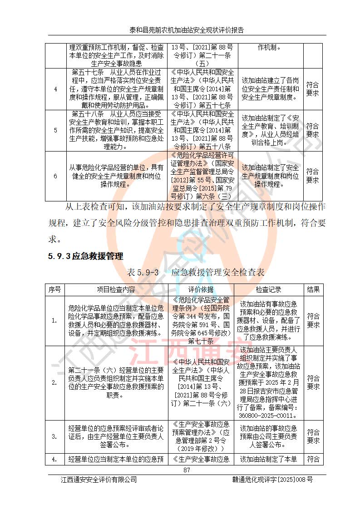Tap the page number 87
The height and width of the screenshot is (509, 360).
point(187,470)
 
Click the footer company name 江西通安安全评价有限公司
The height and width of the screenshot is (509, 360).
point(99,480)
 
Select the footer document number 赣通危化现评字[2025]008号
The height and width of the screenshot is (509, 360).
point(272,480)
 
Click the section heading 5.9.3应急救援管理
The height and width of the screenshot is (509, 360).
point(85,256)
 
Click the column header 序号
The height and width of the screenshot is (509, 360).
point(55,289)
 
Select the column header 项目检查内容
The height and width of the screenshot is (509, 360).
point(116,289)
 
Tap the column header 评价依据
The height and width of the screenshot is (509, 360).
point(201,289)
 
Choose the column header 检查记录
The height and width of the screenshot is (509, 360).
point(268,289)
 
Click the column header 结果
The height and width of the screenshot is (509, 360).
point(313,289)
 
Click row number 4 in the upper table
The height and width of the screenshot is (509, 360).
point(55,89)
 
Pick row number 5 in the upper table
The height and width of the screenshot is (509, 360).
point(55,130)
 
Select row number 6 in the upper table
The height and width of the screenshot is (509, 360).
point(55,176)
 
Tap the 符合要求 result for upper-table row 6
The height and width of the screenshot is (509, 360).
point(312,176)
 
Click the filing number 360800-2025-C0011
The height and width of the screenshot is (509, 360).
point(268,415)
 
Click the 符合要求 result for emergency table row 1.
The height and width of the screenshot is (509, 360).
point(313,320)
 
